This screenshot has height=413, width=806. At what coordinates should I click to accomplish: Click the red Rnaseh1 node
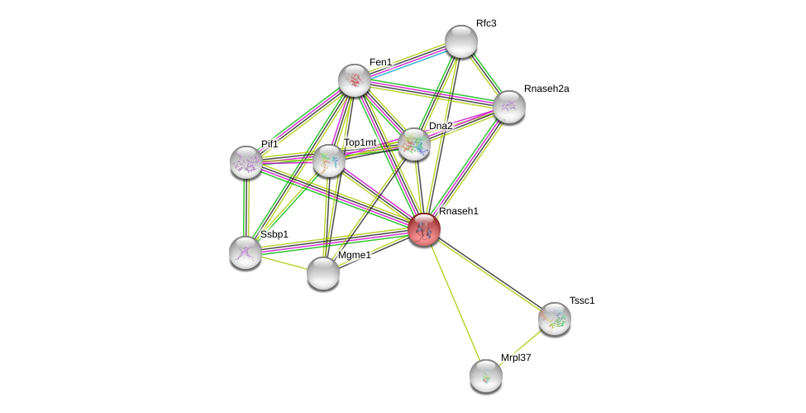pyautogui.click(x=424, y=229)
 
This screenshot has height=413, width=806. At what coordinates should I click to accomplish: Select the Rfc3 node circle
pyautogui.click(x=460, y=41)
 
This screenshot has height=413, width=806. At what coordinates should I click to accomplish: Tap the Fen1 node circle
pyautogui.click(x=355, y=80)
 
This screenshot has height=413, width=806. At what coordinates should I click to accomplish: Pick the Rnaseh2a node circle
pyautogui.click(x=509, y=107)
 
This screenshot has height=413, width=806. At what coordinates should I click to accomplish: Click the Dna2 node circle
pyautogui.click(x=414, y=144)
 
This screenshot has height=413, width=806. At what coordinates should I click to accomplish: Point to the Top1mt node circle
pyautogui.click(x=329, y=161)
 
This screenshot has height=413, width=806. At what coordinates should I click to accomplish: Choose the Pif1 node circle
pyautogui.click(x=246, y=162)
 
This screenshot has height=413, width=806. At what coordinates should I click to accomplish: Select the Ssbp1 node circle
pyautogui.click(x=246, y=252)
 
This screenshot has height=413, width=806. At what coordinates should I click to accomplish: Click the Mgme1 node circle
pyautogui.click(x=323, y=273)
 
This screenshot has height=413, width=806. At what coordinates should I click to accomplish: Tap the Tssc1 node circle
pyautogui.click(x=555, y=318)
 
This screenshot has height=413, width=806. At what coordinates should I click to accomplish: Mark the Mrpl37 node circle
pyautogui.click(x=486, y=376)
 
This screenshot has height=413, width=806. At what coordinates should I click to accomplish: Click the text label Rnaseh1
pyautogui.click(x=458, y=211)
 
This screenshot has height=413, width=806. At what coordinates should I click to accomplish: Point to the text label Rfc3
pyautogui.click(x=486, y=23)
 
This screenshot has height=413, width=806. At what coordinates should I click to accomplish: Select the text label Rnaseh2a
pyautogui.click(x=546, y=89)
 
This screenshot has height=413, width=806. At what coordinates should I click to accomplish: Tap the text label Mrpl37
pyautogui.click(x=516, y=358)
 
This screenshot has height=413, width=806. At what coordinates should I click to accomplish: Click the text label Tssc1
pyautogui.click(x=582, y=300)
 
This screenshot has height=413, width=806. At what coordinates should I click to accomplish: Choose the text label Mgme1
pyautogui.click(x=354, y=255)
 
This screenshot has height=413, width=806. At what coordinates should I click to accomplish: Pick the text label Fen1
pyautogui.click(x=380, y=62)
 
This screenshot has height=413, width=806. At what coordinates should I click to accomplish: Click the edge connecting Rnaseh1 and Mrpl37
pyautogui.click(x=455, y=302)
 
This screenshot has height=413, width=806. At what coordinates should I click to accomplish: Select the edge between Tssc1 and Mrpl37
pyautogui.click(x=521, y=347)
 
